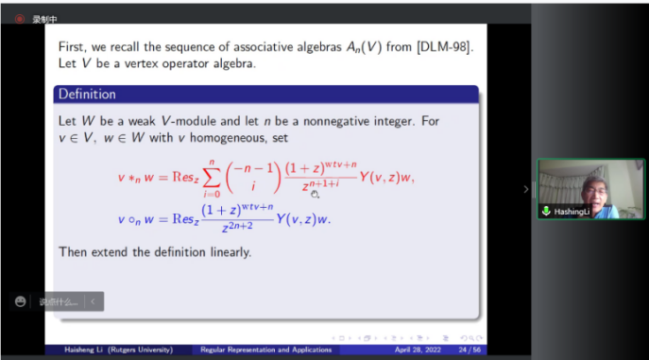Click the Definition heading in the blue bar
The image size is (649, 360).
[x=87, y=94]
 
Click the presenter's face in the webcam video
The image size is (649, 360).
[x=592, y=186]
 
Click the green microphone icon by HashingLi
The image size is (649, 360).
[x=546, y=212]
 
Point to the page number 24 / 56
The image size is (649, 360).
[x=466, y=350]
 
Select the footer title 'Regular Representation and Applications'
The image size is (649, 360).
[x=266, y=350]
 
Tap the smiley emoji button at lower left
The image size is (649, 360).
[x=20, y=301]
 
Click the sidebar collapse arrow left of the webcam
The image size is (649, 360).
[x=527, y=189]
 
